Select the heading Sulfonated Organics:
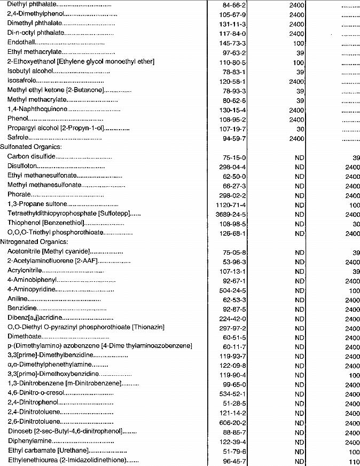coord(31,146)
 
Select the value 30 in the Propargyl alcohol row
coord(300,129)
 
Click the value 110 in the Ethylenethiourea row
coord(354,461)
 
